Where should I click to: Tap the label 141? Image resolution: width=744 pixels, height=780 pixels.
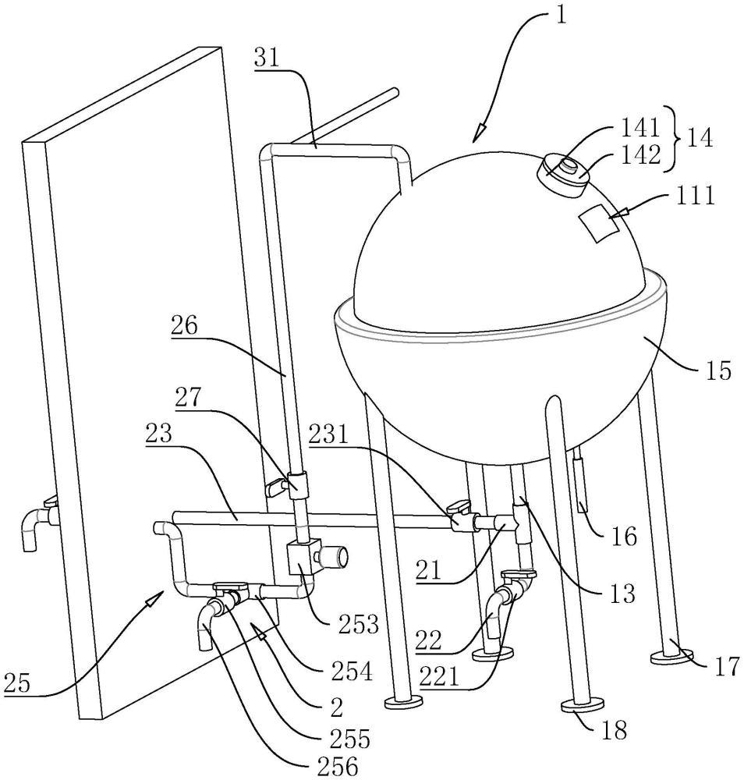(x=642, y=126)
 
